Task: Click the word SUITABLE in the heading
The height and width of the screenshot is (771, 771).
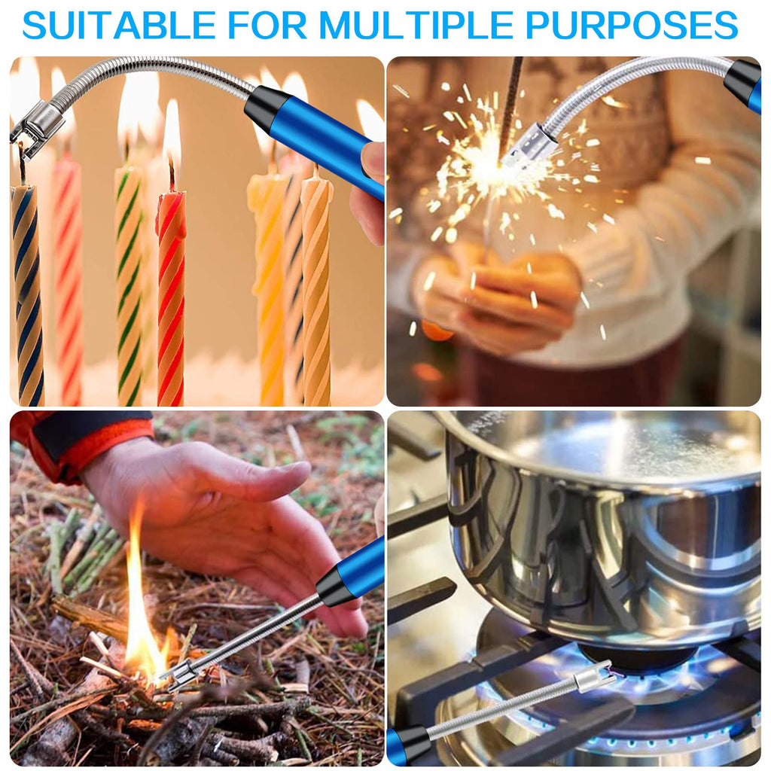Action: (x=119, y=25)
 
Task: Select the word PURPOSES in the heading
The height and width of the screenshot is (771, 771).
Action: (x=632, y=25)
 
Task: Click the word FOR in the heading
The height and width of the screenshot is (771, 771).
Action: (x=268, y=25)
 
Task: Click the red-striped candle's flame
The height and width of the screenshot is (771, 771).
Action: (x=172, y=133)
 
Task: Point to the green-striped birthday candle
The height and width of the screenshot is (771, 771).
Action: (x=129, y=285)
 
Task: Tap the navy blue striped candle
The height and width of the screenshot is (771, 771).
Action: (x=26, y=295)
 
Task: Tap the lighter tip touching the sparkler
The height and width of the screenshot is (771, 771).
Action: (x=534, y=145)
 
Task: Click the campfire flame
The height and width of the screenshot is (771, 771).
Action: (x=142, y=624)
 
